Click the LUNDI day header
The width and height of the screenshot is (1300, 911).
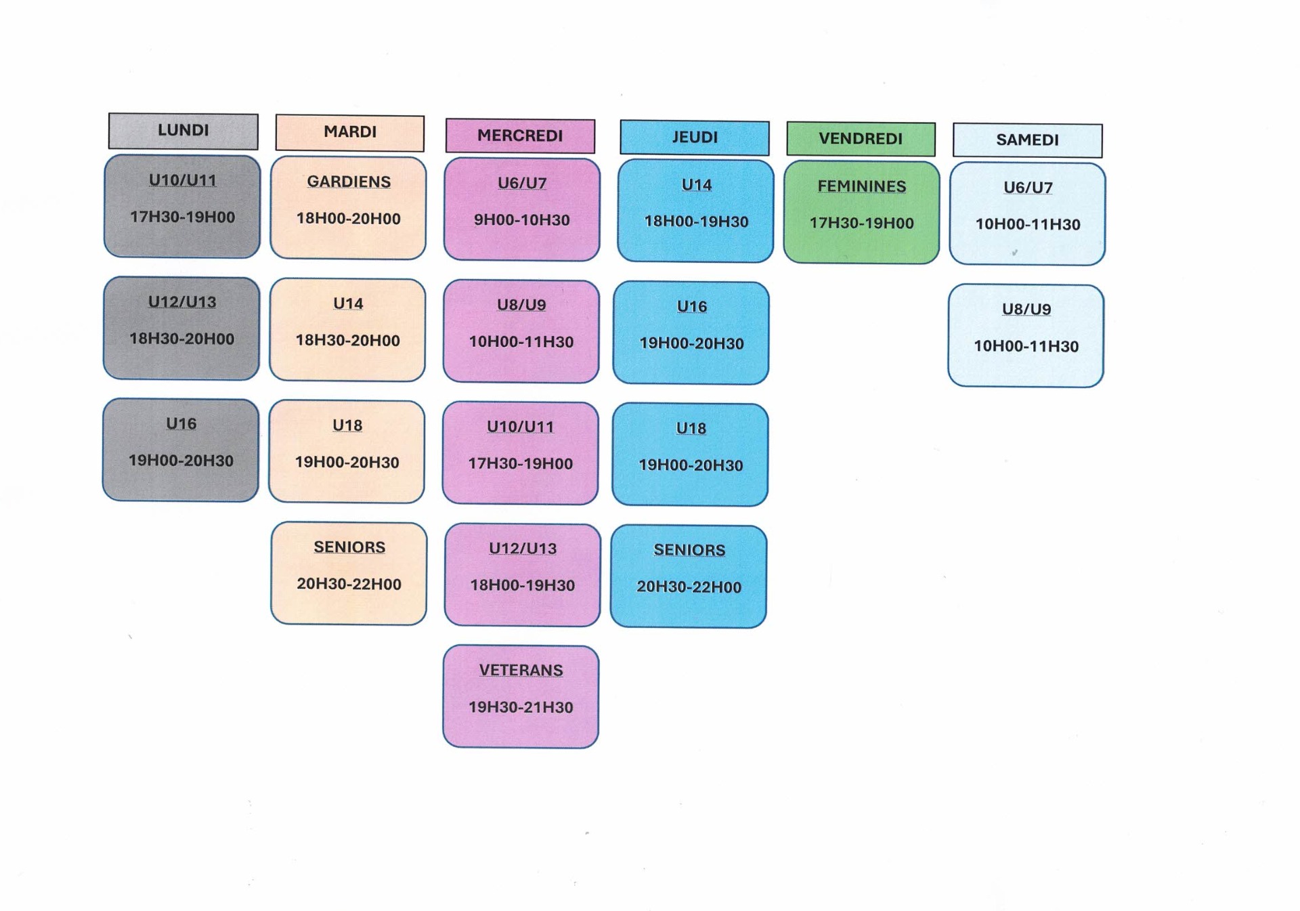183,131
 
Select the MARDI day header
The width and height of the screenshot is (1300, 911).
349,132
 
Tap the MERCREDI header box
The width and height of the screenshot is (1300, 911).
520,135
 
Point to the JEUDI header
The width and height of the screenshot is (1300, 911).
695,137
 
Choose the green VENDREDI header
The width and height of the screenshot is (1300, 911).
861,139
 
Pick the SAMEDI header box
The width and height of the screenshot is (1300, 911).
1027,140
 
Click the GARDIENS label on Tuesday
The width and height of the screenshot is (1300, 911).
349,182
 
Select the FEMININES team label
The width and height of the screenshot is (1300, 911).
861,186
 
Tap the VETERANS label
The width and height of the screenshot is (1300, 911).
521,670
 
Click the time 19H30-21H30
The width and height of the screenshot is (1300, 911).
521,707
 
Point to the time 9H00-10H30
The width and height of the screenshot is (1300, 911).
521,220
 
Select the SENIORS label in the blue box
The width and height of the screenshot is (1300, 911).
689,550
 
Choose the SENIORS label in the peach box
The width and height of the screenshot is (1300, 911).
349,547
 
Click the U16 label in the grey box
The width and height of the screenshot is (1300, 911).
181,424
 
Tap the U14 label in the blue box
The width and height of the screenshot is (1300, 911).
696,185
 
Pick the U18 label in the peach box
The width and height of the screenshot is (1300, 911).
347,425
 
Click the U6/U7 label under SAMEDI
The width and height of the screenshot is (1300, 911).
1028,188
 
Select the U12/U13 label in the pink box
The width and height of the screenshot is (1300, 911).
523,549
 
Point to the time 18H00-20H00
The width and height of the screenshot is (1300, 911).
348,219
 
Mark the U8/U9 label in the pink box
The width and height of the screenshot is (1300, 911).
521,305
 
